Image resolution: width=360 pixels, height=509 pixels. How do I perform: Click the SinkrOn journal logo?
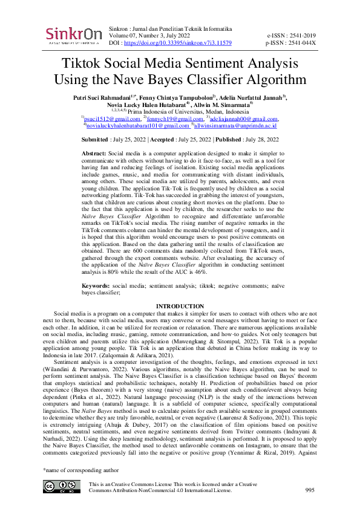[74, 35]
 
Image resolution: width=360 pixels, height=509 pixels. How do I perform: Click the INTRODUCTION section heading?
[180, 306]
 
